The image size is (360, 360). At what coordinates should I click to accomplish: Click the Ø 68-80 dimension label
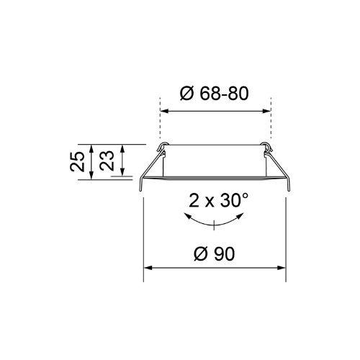point(214,94)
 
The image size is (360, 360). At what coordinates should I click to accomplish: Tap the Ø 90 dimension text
point(214,253)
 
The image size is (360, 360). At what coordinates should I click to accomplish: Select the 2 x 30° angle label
point(218,200)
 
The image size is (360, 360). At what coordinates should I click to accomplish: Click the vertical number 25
point(77,161)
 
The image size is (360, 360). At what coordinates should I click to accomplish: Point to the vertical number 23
point(107,161)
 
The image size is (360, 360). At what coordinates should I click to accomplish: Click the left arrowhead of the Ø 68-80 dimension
point(163,111)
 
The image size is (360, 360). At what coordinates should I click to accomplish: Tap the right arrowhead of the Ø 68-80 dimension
point(267,111)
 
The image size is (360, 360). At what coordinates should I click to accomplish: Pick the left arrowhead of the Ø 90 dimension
point(148,268)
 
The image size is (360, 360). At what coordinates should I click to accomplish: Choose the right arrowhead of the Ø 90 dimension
point(282,268)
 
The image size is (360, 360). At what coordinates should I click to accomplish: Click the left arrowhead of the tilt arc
point(186,216)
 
